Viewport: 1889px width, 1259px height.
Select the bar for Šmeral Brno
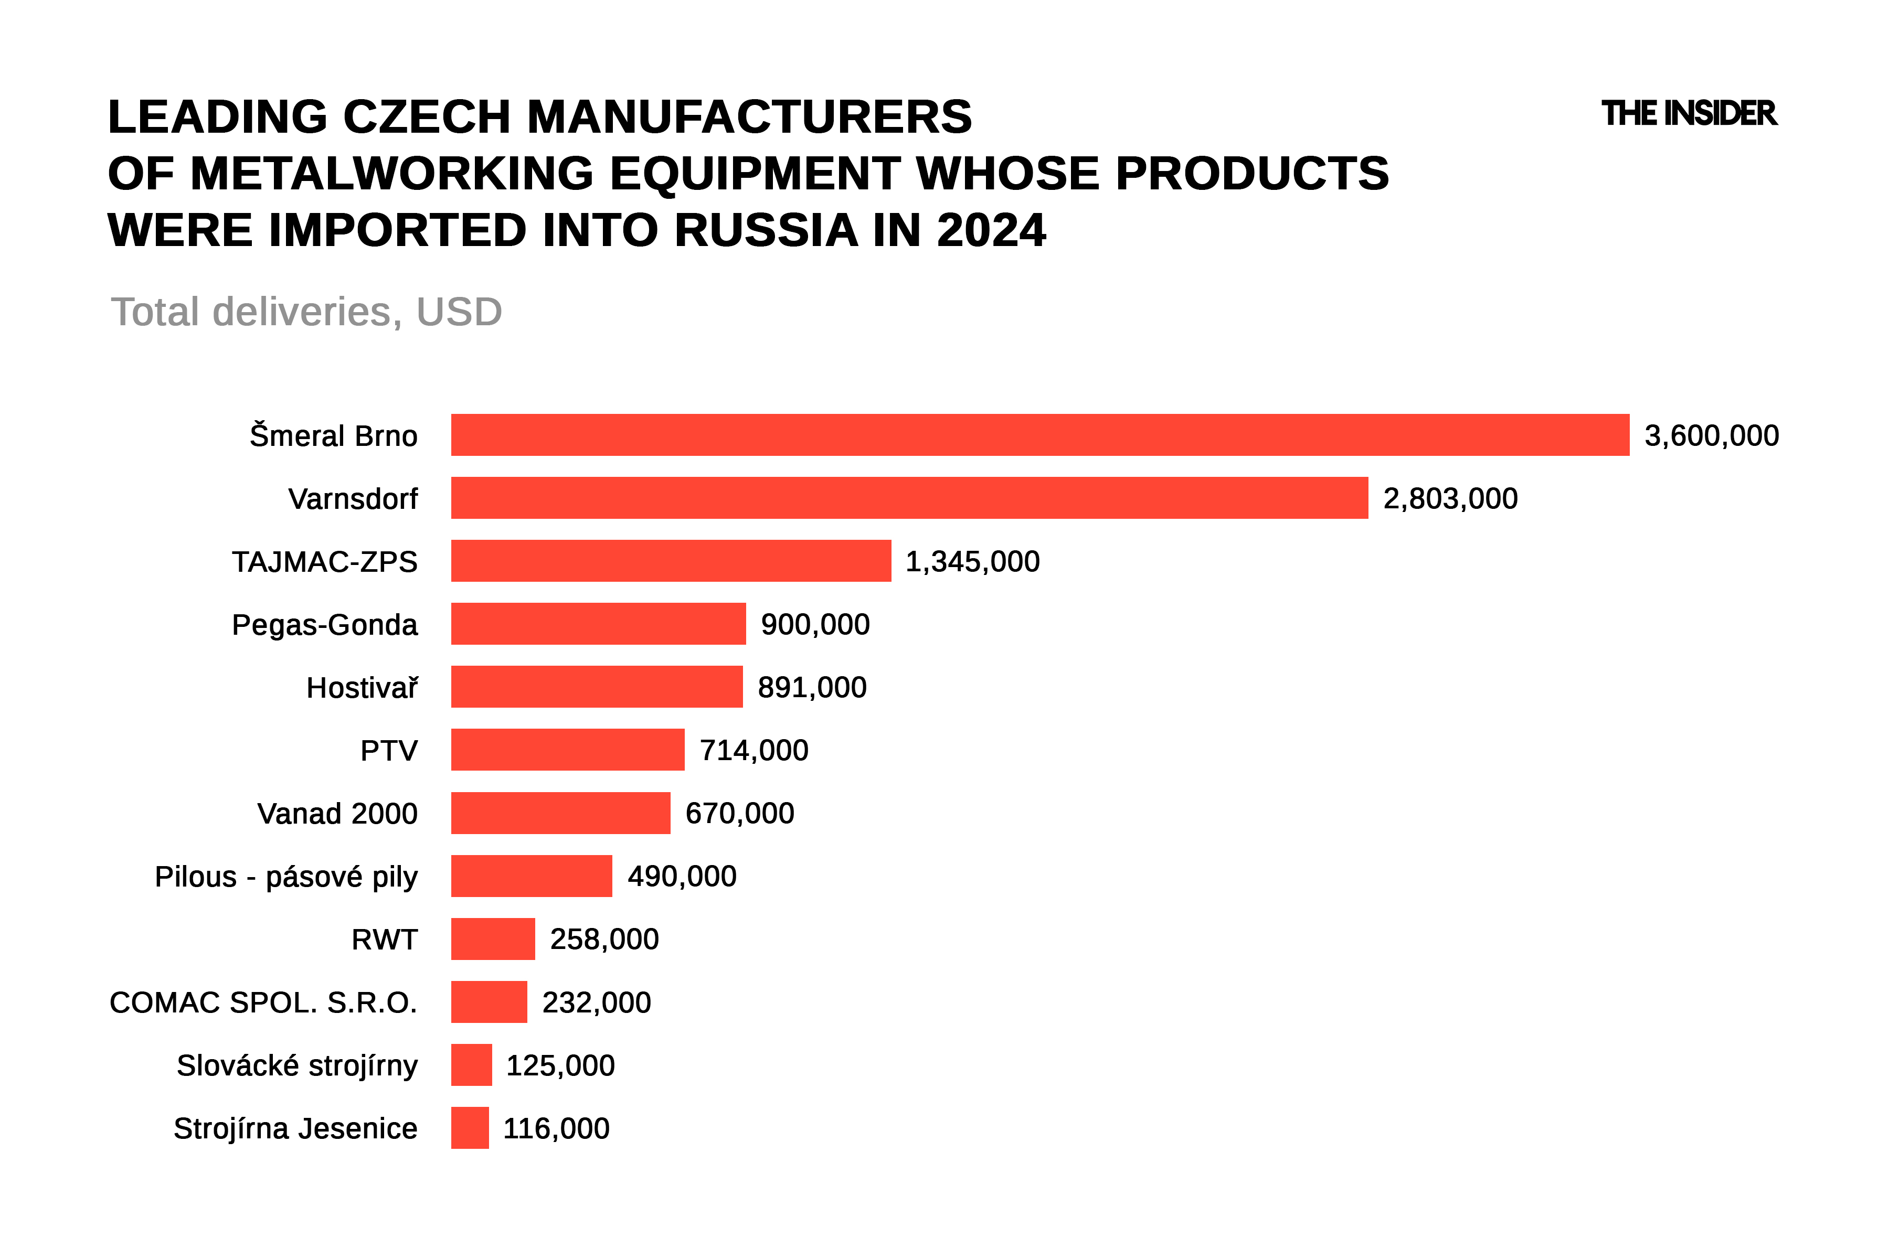point(1040,435)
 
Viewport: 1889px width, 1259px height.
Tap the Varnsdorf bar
point(909,498)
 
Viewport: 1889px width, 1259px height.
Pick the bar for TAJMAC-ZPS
point(671,560)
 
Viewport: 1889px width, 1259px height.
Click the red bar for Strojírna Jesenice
point(470,1128)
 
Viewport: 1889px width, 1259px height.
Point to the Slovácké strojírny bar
point(471,1065)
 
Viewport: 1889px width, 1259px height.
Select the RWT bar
point(492,938)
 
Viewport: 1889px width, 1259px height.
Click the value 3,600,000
point(1712,436)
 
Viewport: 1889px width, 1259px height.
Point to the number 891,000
point(812,687)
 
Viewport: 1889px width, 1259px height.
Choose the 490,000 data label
point(682,876)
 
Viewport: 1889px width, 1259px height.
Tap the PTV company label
point(389,751)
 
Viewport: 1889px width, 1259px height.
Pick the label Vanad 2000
point(337,814)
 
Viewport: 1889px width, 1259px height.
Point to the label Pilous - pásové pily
point(286,877)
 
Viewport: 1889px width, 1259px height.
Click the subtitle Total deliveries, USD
point(306,312)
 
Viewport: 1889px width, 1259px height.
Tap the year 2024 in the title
point(991,230)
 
